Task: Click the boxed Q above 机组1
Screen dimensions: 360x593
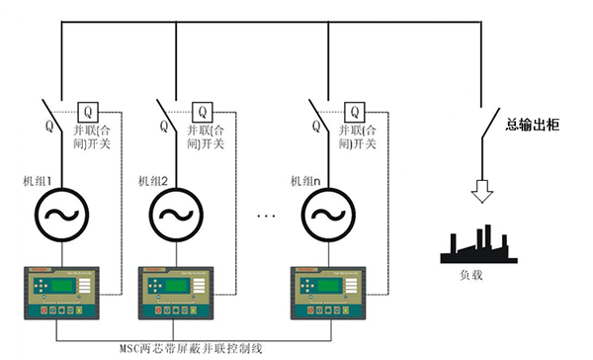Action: pyautogui.click(x=87, y=111)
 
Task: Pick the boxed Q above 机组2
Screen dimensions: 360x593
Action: pyautogui.click(x=205, y=111)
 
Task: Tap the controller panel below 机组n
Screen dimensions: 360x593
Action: pyautogui.click(x=329, y=292)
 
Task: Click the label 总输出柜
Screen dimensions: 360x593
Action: pyautogui.click(x=534, y=125)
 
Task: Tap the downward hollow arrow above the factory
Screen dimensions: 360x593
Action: pyautogui.click(x=481, y=189)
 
